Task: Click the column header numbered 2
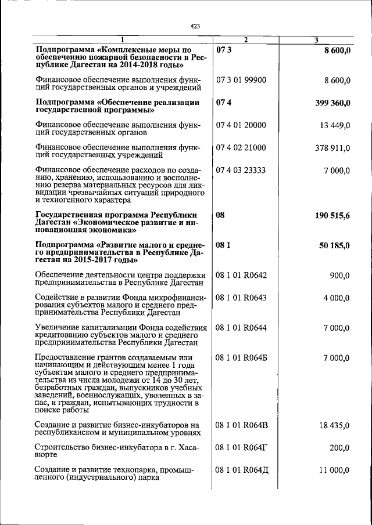pyautogui.click(x=246, y=39)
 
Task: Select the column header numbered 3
pyautogui.click(x=316, y=39)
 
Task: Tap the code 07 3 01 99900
pyautogui.click(x=241, y=80)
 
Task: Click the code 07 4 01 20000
pyautogui.click(x=241, y=125)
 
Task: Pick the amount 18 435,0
pyautogui.click(x=334, y=426)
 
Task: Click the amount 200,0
pyautogui.click(x=339, y=448)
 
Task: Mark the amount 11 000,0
pyautogui.click(x=334, y=470)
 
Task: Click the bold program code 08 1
pyautogui.click(x=224, y=245)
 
